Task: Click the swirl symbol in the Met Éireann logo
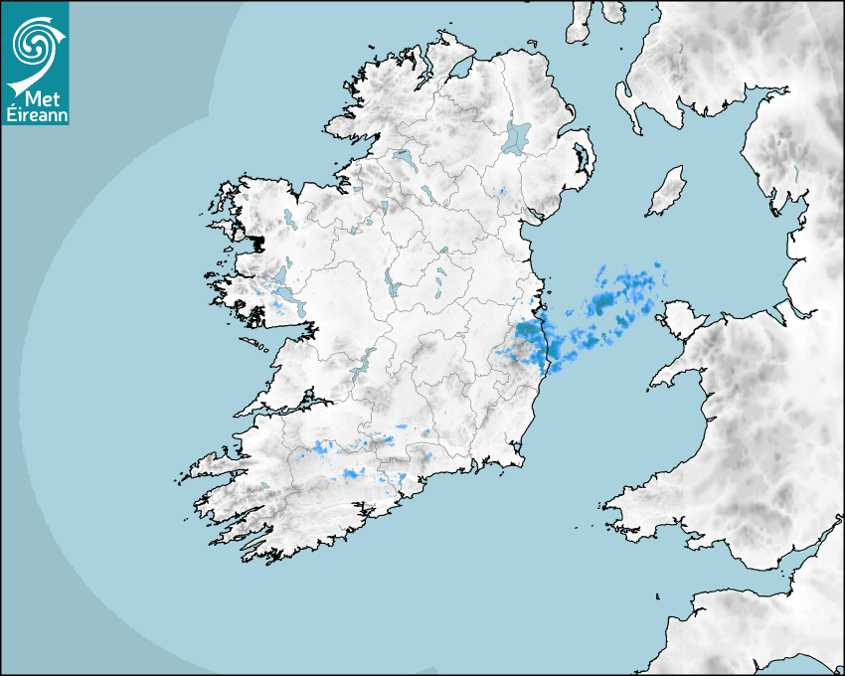pyautogui.click(x=35, y=42)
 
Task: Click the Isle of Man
pyautogui.click(x=667, y=192)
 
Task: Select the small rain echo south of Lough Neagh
pyautogui.click(x=502, y=190)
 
